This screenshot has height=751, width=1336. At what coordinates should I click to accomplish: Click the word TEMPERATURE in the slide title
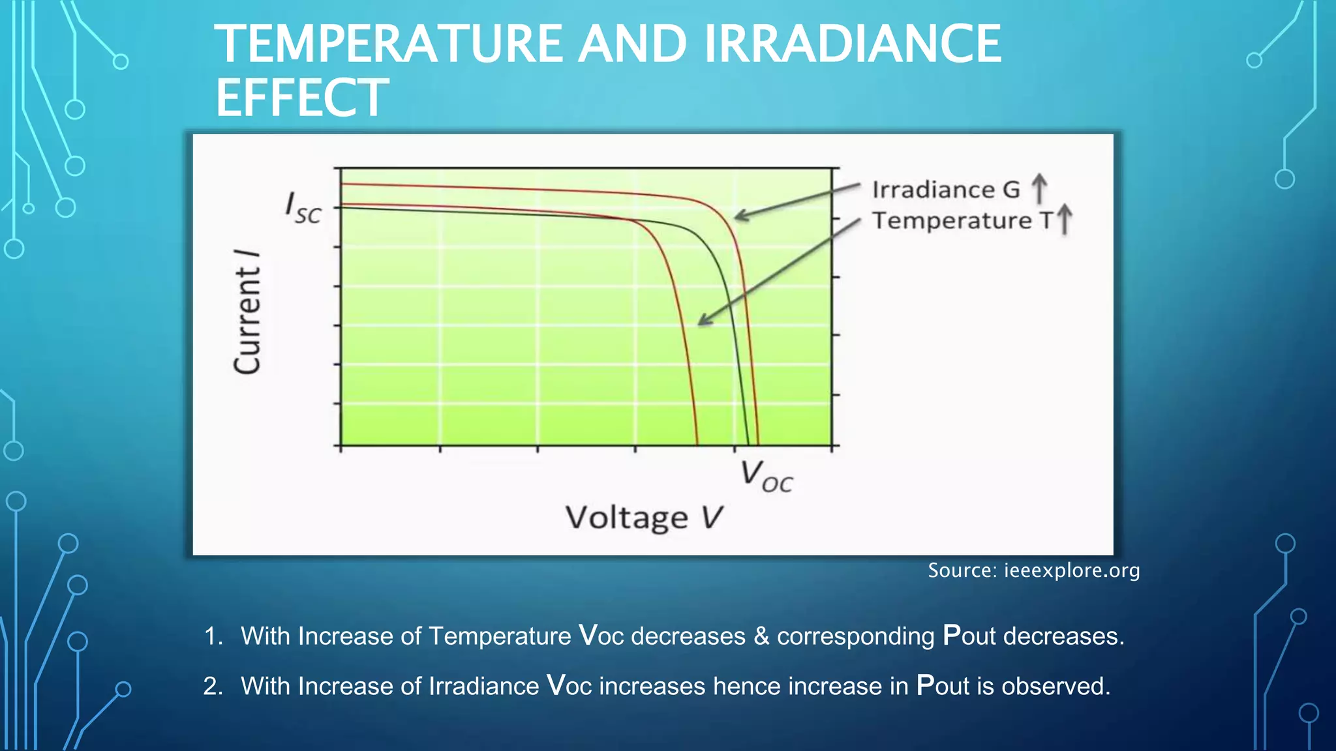[388, 44]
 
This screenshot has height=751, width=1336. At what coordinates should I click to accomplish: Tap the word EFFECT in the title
[301, 98]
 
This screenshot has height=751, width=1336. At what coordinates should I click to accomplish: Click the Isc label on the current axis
[303, 208]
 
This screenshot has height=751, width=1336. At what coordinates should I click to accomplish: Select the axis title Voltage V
[644, 518]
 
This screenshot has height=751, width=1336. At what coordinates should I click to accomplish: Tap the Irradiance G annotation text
[945, 190]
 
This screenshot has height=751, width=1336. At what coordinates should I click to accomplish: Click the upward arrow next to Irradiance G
[1039, 188]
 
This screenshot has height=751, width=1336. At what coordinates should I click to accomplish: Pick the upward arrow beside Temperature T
[1064, 219]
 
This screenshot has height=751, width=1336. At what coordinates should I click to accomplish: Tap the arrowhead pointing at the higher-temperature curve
[703, 321]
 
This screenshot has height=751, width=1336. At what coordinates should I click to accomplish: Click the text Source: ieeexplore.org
[1033, 570]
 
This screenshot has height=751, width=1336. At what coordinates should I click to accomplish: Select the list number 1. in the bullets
[213, 636]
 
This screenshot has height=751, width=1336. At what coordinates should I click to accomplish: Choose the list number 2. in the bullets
[213, 686]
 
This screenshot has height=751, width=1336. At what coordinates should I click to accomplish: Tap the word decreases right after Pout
[1063, 636]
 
